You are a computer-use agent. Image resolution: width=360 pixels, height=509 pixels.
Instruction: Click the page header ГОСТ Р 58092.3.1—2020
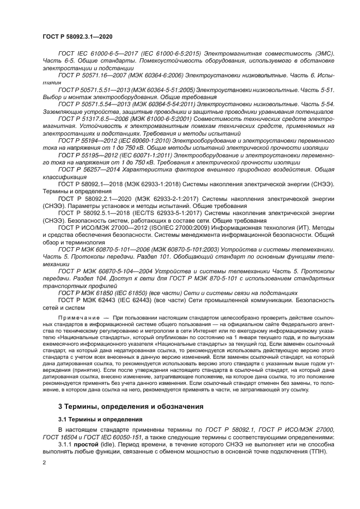point(70,36)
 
